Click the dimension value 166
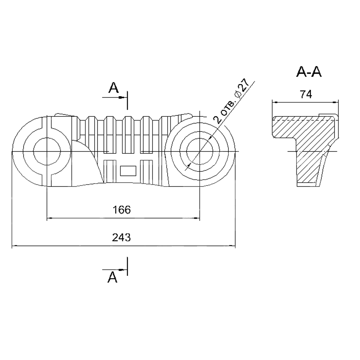coord(122,210)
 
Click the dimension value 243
coord(121,237)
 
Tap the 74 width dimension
coord(306,94)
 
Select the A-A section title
coord(309,72)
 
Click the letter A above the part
coord(114,88)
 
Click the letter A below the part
coord(113,277)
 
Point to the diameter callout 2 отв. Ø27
coord(231,101)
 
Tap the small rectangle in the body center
coord(128,171)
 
